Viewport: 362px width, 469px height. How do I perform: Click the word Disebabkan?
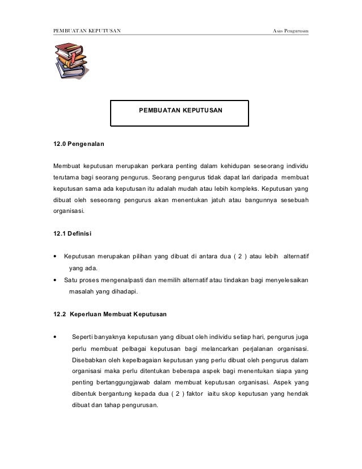(90, 359)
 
